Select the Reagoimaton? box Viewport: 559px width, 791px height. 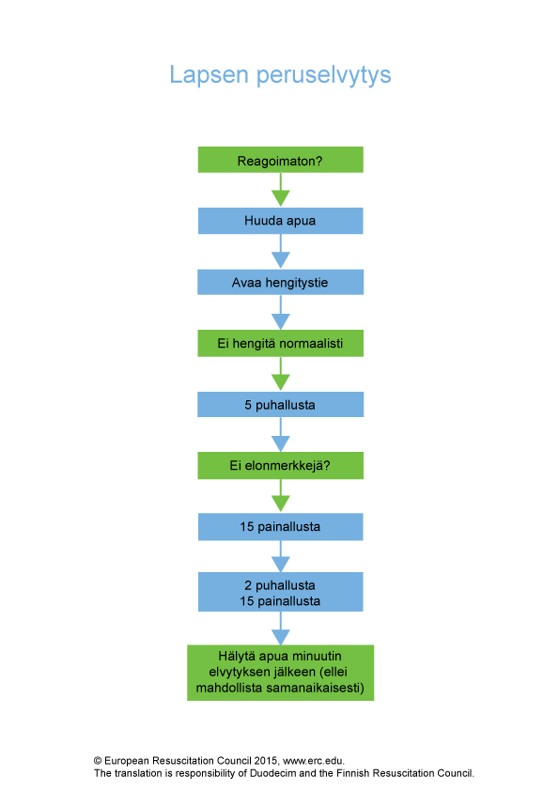[281, 160]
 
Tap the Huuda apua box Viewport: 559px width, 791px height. [281, 221]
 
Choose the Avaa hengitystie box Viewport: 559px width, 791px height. [281, 282]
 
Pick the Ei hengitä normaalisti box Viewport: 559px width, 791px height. [281, 343]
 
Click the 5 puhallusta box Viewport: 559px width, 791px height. [281, 405]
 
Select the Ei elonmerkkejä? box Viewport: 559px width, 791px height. [281, 465]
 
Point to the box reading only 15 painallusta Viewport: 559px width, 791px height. [281, 527]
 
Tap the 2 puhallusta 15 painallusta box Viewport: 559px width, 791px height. [281, 592]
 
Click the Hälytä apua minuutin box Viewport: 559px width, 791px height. [281, 673]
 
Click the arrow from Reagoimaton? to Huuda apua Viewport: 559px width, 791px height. [281, 190]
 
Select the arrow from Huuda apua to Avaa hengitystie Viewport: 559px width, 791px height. [281, 251]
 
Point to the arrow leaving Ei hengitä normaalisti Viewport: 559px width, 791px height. [281, 374]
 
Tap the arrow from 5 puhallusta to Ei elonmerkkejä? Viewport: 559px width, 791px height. [281, 434]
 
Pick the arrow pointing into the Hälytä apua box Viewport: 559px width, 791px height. [281, 628]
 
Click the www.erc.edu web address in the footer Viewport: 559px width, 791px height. [313, 761]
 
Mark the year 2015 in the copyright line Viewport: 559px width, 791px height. [266, 761]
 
